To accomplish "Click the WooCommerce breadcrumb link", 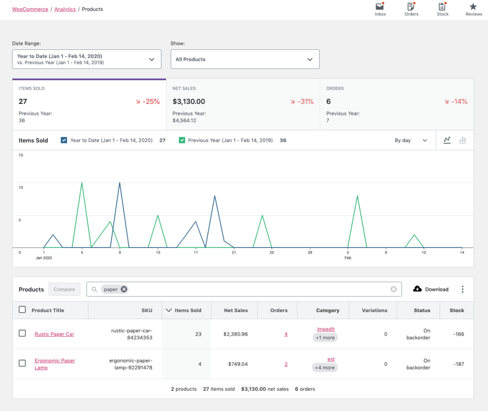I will (30, 9).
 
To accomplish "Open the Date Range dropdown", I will (86, 59).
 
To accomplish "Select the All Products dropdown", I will (245, 59).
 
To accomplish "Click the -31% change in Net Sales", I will (302, 102).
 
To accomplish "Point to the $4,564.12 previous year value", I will (184, 121).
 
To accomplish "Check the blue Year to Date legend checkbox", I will (64, 140).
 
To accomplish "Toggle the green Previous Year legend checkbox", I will (182, 140).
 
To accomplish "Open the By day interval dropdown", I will (411, 140).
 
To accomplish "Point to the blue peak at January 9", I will (120, 183).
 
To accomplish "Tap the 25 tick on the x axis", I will (272, 253).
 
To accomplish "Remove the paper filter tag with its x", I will (124, 290).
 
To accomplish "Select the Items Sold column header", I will (186, 310).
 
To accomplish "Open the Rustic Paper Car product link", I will (54, 334).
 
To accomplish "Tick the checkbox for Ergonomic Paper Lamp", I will (22, 363).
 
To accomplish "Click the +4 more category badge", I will (325, 368).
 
